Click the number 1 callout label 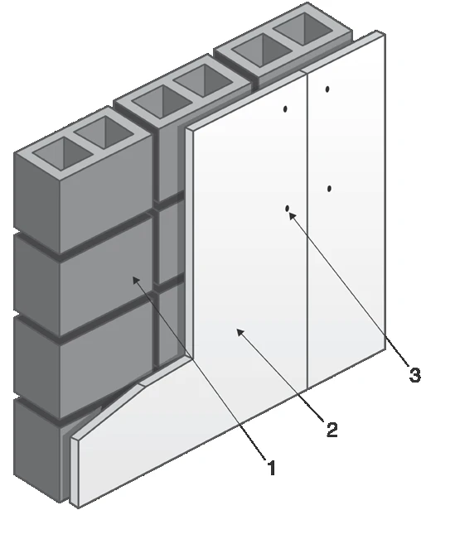pyautogui.click(x=272, y=468)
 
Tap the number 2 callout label pyautogui.click(x=332, y=430)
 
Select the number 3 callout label pyautogui.click(x=414, y=374)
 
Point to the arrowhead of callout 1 pyautogui.click(x=136, y=280)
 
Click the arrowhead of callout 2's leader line pyautogui.click(x=240, y=332)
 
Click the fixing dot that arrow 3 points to pyautogui.click(x=287, y=209)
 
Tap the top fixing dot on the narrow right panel pyautogui.click(x=327, y=89)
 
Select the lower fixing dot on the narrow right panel pyautogui.click(x=329, y=189)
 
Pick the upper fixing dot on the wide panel pyautogui.click(x=285, y=109)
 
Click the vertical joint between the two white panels pyautogui.click(x=307, y=230)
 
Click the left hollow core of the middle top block pyautogui.click(x=162, y=101)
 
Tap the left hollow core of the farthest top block pyautogui.click(x=262, y=50)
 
